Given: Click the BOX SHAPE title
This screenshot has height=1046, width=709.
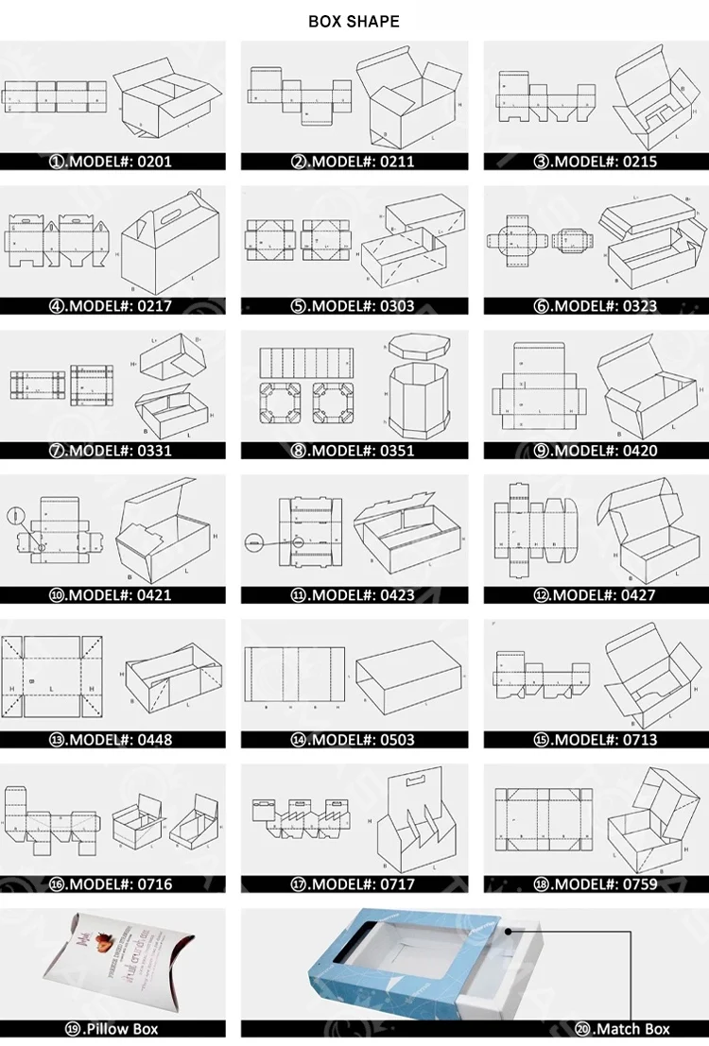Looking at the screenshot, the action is point(354,22).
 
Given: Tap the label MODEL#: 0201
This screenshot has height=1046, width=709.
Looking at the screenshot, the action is point(112,162).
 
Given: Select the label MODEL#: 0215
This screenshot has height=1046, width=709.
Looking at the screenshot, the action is point(597,162).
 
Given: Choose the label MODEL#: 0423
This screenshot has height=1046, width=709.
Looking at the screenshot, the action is point(354,595).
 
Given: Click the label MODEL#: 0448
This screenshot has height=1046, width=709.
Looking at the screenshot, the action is point(112,740).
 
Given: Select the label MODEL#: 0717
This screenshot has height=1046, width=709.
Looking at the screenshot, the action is point(354,884).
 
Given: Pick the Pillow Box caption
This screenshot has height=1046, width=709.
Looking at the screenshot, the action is point(112,1029).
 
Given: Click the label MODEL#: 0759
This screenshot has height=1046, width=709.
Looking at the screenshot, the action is point(597,884).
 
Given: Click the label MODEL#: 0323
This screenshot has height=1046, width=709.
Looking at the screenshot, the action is point(597,306).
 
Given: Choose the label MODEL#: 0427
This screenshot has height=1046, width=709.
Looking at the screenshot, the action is point(597,595).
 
